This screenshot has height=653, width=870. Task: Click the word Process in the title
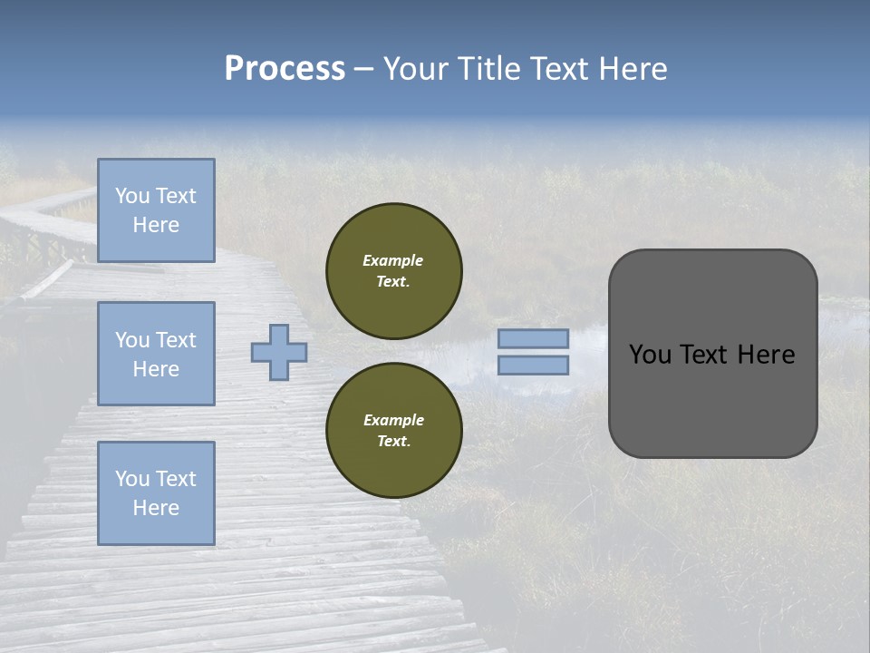285,69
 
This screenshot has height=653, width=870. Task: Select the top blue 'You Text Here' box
156,210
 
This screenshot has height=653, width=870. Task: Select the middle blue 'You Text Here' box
156,354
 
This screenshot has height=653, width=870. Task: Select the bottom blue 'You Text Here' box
156,493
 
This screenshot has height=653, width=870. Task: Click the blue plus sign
279,352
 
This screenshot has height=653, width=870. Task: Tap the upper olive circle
393,270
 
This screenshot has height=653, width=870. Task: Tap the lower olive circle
393,430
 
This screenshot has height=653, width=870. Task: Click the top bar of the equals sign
533,339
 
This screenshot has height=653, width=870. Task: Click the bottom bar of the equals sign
533,365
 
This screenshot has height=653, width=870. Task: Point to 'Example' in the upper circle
392,260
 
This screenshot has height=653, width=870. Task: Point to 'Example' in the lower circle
393,420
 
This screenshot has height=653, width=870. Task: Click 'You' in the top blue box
131,196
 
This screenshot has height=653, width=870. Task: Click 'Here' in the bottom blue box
156,508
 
